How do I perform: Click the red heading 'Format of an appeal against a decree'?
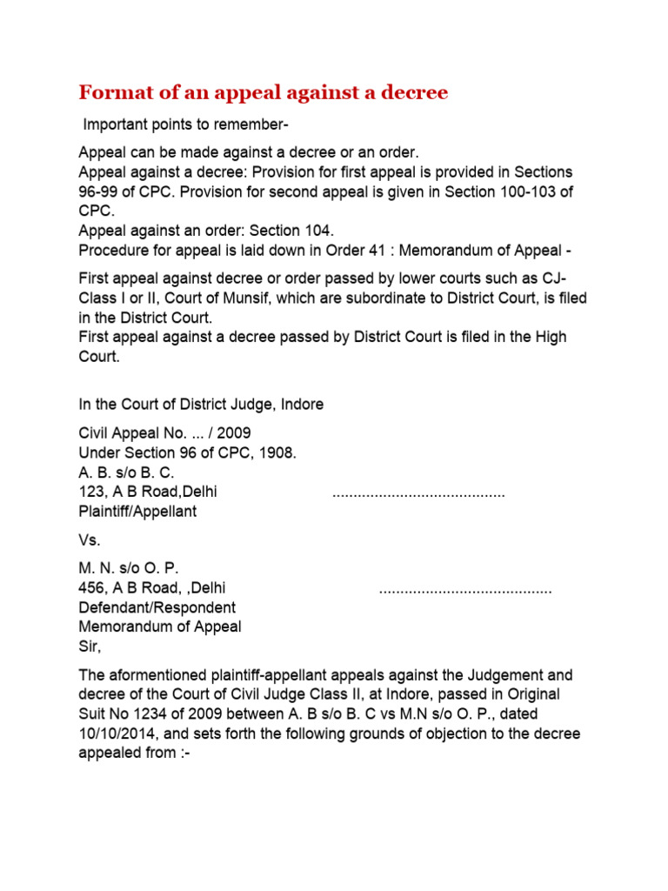coord(264,91)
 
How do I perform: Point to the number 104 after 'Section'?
coord(320,231)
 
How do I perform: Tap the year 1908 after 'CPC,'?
coord(276,452)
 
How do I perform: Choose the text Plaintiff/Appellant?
coord(137,512)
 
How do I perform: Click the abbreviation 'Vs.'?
coord(90,540)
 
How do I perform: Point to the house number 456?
coord(91,588)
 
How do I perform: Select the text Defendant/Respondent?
coord(157,607)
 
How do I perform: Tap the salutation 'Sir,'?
coord(90,646)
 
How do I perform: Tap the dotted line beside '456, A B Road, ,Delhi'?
coord(465,590)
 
